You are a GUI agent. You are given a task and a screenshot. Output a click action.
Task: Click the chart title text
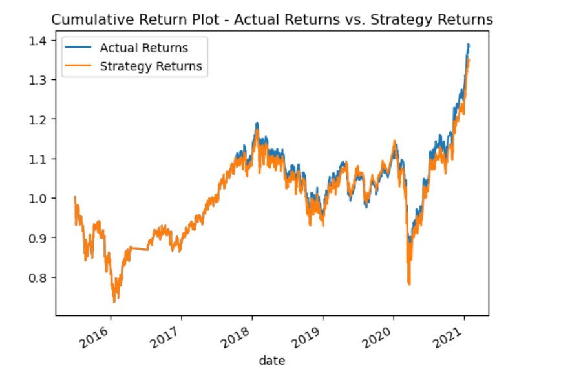(272, 19)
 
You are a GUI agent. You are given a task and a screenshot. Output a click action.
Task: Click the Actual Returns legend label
(144, 48)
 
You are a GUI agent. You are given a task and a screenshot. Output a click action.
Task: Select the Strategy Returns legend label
(151, 66)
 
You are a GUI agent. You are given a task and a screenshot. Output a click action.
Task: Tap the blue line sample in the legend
(78, 48)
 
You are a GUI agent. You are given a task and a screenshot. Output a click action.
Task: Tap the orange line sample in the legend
(78, 66)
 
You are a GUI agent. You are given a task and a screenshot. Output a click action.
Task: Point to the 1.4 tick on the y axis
(38, 41)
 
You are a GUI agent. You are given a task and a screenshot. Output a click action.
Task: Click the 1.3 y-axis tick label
(38, 80)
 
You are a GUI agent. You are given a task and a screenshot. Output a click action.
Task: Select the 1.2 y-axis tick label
(38, 119)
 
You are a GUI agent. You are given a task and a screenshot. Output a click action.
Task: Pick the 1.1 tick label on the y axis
(38, 159)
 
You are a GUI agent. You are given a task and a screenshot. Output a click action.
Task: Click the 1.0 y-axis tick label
(38, 199)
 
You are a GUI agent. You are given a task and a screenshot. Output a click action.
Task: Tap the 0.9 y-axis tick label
(38, 238)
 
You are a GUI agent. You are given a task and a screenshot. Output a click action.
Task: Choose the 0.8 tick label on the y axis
(38, 277)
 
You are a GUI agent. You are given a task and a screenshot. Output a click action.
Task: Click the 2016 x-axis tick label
(94, 337)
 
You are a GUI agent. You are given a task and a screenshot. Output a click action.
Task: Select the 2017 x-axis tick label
(165, 337)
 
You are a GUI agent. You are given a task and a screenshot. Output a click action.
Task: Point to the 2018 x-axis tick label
(235, 337)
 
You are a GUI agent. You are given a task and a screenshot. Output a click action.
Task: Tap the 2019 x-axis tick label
(306, 337)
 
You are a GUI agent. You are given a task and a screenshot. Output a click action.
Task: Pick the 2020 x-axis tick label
(377, 337)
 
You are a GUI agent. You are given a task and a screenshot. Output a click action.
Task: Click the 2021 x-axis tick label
(448, 337)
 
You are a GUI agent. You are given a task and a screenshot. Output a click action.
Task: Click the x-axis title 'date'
(272, 361)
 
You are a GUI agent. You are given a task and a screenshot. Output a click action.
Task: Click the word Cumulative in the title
(93, 19)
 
